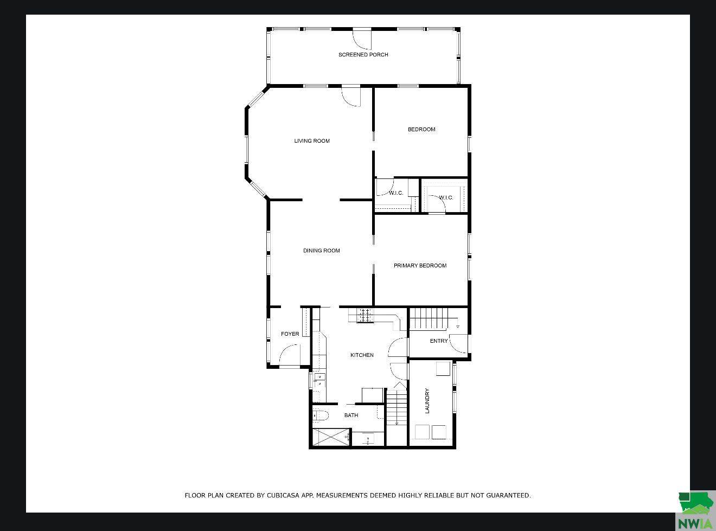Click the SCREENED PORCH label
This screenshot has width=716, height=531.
pos(363,55)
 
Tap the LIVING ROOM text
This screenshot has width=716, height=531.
pos(312,141)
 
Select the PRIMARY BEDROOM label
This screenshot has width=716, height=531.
pos(420,266)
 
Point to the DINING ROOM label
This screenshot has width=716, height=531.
pos(321,251)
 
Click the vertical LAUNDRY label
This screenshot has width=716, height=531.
pos(427,401)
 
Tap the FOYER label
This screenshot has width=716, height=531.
pos(290,334)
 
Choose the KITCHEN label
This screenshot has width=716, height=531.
pos(362,355)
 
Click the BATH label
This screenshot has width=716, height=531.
pos(351,415)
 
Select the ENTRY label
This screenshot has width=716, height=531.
pos(439,341)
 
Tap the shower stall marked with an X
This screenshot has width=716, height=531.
pos(331,438)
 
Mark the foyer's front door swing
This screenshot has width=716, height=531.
pos(289,356)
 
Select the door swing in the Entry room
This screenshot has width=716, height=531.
pos(459,344)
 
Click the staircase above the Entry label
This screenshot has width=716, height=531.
pos(429,318)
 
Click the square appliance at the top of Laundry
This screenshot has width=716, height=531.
pos(443,369)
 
